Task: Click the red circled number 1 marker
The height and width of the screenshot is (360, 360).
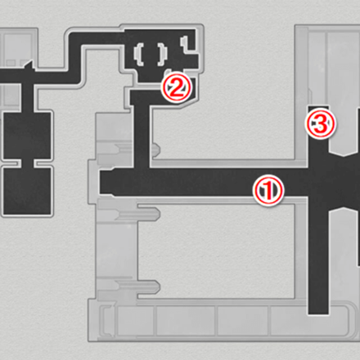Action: [269, 190]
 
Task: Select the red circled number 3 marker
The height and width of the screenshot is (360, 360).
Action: [320, 124]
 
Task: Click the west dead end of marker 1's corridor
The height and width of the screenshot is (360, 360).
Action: [104, 185]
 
